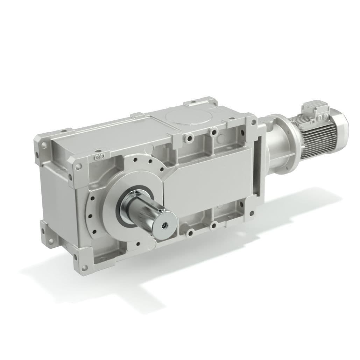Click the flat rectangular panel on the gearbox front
[x=210, y=182]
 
